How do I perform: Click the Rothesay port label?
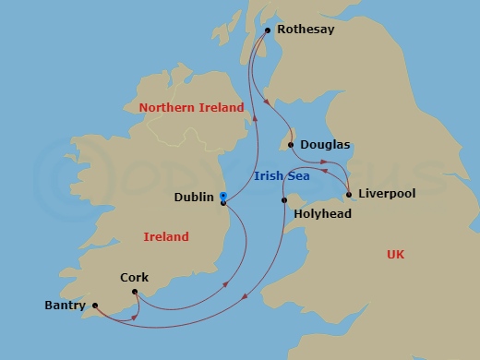[308, 30]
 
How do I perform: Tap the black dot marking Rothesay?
[268, 30]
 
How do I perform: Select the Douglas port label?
[325, 145]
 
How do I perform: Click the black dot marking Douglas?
[291, 145]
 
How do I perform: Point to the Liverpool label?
[386, 194]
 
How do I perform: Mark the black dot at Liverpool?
[348, 195]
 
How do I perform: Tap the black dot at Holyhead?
[284, 200]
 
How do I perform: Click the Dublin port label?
[195, 198]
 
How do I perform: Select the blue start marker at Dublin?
[223, 195]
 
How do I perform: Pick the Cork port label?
[134, 277]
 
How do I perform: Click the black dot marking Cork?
[135, 294]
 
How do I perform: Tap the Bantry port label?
[65, 306]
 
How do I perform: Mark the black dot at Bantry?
[95, 306]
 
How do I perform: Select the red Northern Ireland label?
[191, 108]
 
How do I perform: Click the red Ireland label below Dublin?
[166, 237]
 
